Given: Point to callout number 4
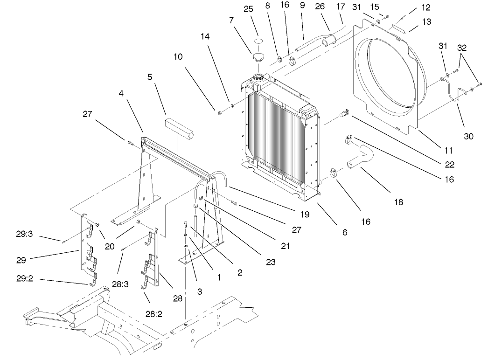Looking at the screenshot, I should pos(121,93).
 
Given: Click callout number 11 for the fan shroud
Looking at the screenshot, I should pos(448,151).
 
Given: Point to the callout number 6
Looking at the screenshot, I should pos(344,232).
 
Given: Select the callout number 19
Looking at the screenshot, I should pos(305,215).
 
